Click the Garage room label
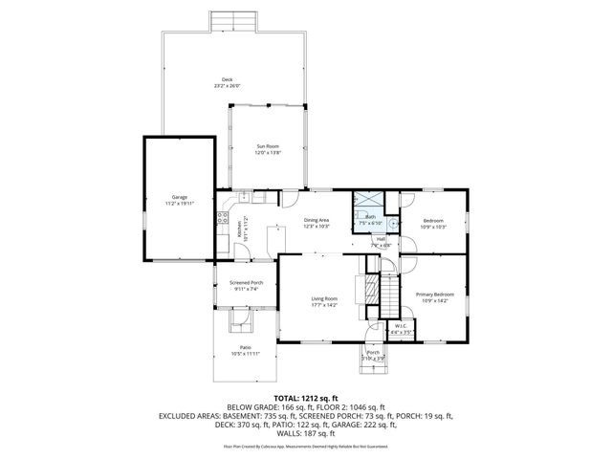[180, 196]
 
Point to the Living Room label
[324, 300]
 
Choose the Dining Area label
[317, 220]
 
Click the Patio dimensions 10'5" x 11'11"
[245, 354]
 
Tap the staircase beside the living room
[388, 290]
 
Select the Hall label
[381, 239]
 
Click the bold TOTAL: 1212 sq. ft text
[306, 396]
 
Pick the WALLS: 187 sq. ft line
[306, 432]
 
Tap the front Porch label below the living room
[372, 351]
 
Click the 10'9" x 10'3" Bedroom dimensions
[434, 227]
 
